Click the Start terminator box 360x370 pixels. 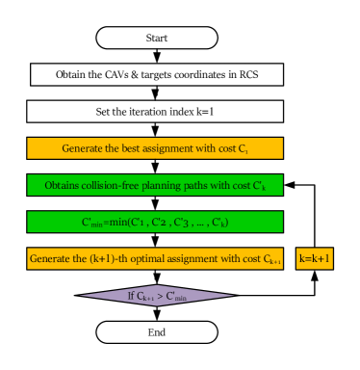tap(156, 38)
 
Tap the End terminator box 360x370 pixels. tap(156, 332)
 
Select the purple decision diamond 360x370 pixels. tap(156, 295)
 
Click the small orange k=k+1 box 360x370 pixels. tap(315, 259)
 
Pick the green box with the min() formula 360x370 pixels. tap(155, 223)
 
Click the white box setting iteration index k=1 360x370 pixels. tap(155, 112)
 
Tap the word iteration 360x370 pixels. tap(128, 112)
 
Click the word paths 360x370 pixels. tap(197, 185)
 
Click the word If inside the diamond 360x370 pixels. tap(133, 296)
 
